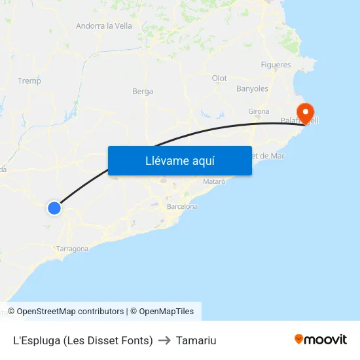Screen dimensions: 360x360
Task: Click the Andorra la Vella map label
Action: pyautogui.click(x=104, y=26)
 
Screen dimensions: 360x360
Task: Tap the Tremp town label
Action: pyautogui.click(x=29, y=81)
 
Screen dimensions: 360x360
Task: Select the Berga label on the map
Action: pyautogui.click(x=143, y=92)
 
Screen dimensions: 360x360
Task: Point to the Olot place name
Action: pyautogui.click(x=219, y=79)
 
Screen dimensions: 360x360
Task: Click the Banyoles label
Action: pyautogui.click(x=252, y=88)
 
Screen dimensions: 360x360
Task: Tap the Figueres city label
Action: pyautogui.click(x=276, y=65)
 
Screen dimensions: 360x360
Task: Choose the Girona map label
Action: pyautogui.click(x=259, y=111)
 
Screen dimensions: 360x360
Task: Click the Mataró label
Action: pyautogui.click(x=214, y=181)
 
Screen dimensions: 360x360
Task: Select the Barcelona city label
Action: pyautogui.click(x=182, y=206)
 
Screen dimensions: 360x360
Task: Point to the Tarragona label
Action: pyautogui.click(x=72, y=249)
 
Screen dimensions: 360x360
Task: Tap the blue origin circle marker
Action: pyautogui.click(x=54, y=208)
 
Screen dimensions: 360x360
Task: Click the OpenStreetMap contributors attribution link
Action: pyautogui.click(x=70, y=312)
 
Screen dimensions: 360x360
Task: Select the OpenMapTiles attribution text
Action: pyautogui.click(x=166, y=312)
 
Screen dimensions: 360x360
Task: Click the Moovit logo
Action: pyautogui.click(x=321, y=339)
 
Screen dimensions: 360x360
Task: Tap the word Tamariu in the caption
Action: pyautogui.click(x=196, y=340)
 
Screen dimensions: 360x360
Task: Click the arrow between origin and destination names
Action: pyautogui.click(x=164, y=340)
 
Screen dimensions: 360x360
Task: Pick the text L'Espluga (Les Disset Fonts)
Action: pyautogui.click(x=83, y=340)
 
